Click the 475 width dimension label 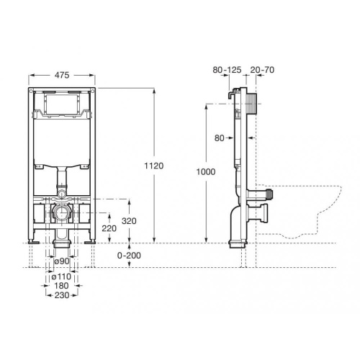click(x=63, y=74)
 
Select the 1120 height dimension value click(x=154, y=166)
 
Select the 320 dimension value click(x=127, y=221)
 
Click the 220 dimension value click(x=108, y=229)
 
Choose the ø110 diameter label click(x=61, y=276)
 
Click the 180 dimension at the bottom click(x=62, y=285)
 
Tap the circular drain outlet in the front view click(x=63, y=214)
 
